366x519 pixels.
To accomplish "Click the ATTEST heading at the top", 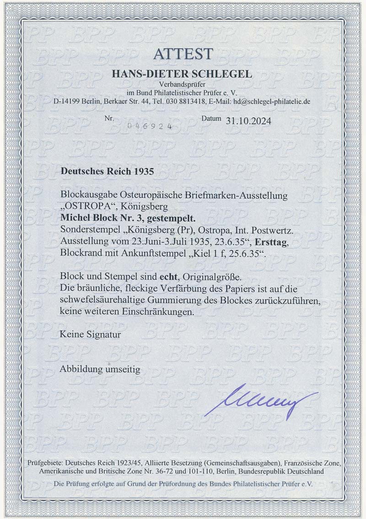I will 183,54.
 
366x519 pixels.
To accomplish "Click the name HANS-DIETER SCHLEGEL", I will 183,75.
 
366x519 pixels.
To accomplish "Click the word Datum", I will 212,120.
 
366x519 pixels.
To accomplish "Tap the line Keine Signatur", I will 90,334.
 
